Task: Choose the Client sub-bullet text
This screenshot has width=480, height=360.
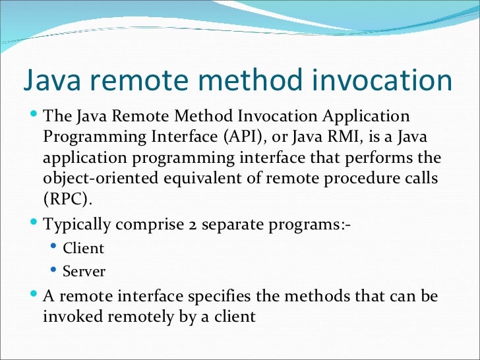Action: click(x=83, y=249)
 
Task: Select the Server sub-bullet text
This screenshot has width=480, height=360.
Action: click(x=84, y=271)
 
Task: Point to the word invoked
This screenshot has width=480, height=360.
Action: click(x=72, y=316)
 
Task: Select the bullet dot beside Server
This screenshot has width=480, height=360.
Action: click(x=54, y=270)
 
